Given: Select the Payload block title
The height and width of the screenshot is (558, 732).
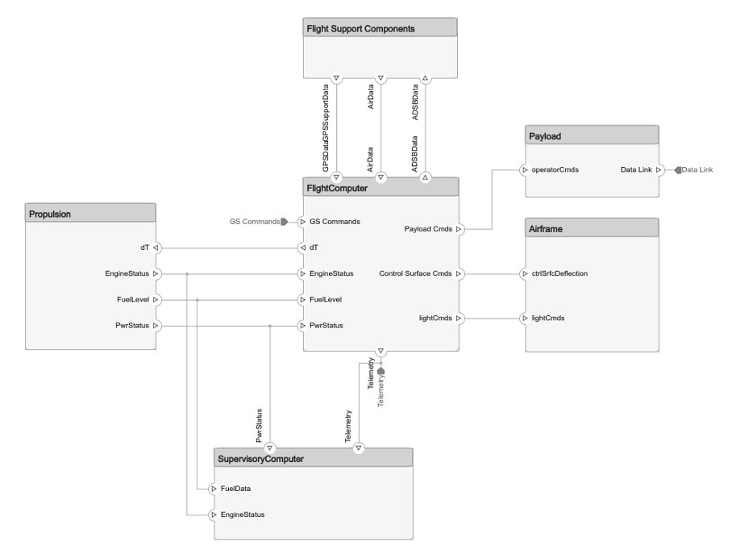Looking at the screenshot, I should pyautogui.click(x=592, y=136).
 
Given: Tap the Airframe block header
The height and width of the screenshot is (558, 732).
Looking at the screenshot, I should pyautogui.click(x=592, y=229).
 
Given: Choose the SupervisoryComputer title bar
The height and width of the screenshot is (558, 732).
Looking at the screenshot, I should pyautogui.click(x=313, y=459).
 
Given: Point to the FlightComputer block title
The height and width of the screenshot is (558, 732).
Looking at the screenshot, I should pyautogui.click(x=381, y=188).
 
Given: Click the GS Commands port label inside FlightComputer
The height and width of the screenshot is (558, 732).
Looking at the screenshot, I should pyautogui.click(x=335, y=221).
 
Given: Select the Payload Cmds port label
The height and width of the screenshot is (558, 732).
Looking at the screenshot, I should pyautogui.click(x=428, y=229).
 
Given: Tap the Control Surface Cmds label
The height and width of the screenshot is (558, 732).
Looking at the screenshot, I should pyautogui.click(x=416, y=273).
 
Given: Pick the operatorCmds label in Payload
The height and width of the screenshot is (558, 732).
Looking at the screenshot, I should pyautogui.click(x=556, y=170).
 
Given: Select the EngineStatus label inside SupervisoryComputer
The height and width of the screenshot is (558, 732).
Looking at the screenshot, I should pyautogui.click(x=243, y=514).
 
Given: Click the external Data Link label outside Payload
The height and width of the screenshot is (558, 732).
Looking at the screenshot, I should pyautogui.click(x=697, y=170).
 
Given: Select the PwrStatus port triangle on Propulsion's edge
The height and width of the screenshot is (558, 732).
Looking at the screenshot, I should pyautogui.click(x=156, y=326).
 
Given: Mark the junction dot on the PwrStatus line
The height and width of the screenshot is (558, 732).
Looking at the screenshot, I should pyautogui.click(x=270, y=326).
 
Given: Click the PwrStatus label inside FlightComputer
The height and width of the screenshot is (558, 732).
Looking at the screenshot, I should pyautogui.click(x=326, y=326).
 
